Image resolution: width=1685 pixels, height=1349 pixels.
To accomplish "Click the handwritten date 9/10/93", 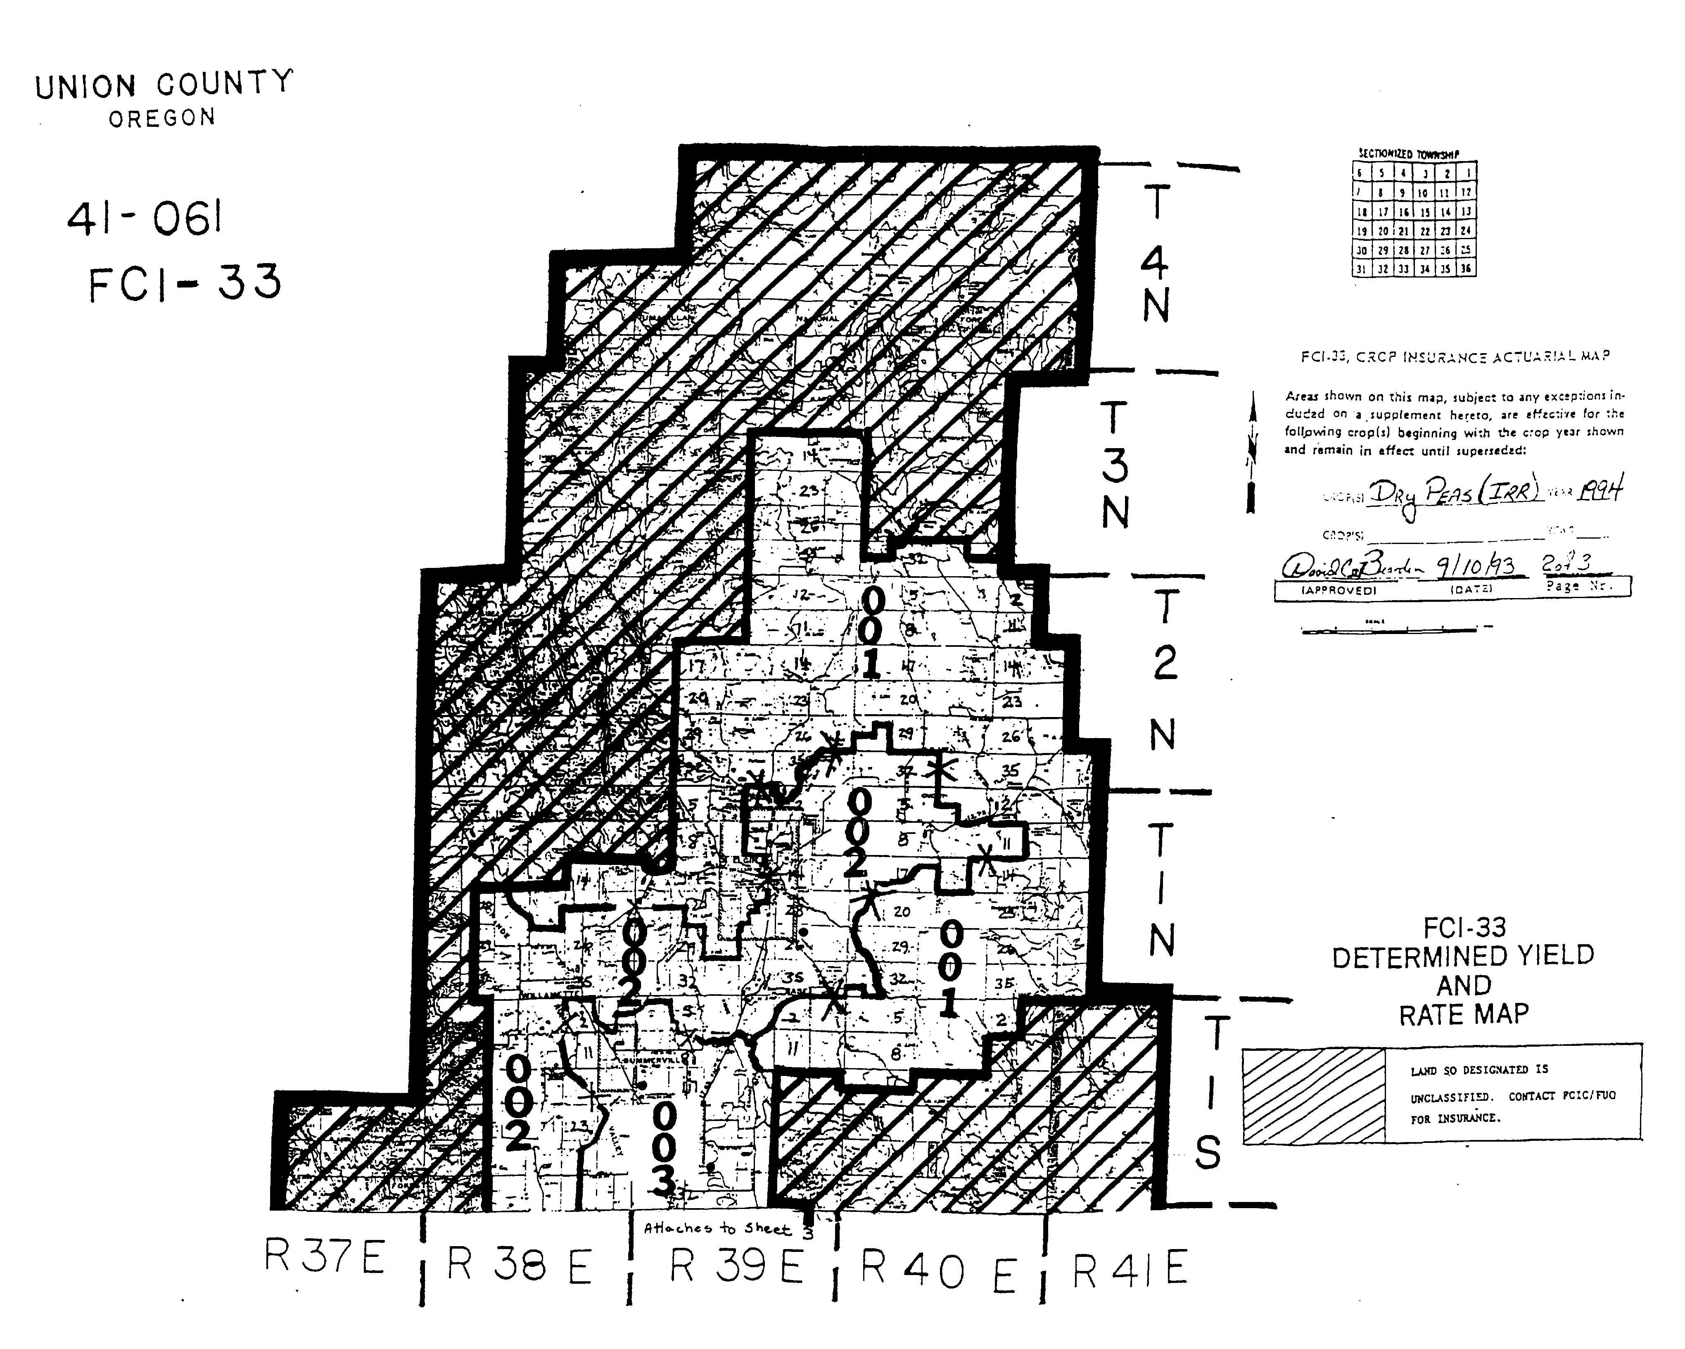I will coord(1485,566).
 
